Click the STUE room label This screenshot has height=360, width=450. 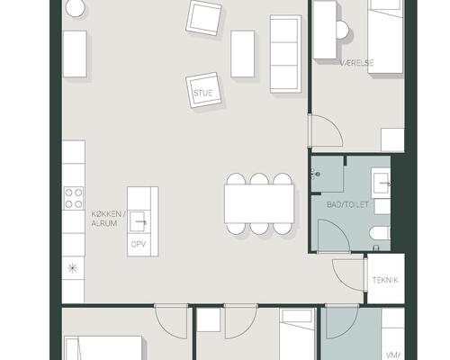[x=203, y=93]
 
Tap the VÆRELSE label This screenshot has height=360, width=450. [x=356, y=63]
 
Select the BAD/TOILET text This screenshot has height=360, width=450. [x=347, y=205]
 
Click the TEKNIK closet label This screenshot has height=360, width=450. [x=385, y=280]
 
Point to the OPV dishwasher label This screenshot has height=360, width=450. [x=139, y=244]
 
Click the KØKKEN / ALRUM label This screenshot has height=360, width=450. [x=106, y=219]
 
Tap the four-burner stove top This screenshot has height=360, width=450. [x=74, y=198]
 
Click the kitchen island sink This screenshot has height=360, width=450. [x=138, y=221]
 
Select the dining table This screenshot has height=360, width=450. [x=259, y=203]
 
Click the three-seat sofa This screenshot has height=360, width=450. [x=285, y=54]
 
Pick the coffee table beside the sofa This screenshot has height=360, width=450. [x=242, y=54]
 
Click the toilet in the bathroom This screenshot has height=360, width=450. [x=380, y=233]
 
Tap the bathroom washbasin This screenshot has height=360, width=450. [x=381, y=183]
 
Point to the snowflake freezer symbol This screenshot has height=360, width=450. [x=72, y=268]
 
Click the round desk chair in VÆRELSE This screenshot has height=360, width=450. [x=343, y=30]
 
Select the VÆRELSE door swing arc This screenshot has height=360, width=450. [x=334, y=123]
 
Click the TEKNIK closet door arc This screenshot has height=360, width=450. [x=341, y=281]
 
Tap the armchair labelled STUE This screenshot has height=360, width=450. [x=203, y=90]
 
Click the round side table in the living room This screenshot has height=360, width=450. [x=76, y=7]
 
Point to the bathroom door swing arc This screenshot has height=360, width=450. [x=341, y=229]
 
